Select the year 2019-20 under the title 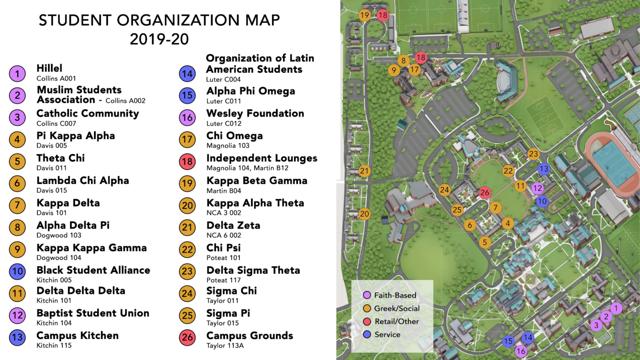coord(159,39)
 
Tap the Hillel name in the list coord(49,69)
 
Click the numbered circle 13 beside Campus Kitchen coord(17,338)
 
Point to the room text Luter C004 coord(224,79)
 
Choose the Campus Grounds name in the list coord(250,335)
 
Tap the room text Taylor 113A coord(225,345)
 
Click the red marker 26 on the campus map coord(485,193)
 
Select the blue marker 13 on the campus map coord(544,169)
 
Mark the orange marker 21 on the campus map coord(364,171)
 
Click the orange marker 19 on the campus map coord(364,15)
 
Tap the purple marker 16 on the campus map coord(521,351)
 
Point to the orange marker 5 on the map coord(485,242)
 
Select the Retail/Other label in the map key coord(397,321)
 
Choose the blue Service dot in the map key coord(366,334)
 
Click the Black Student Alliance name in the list coord(93,270)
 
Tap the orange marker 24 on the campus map coord(444,190)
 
